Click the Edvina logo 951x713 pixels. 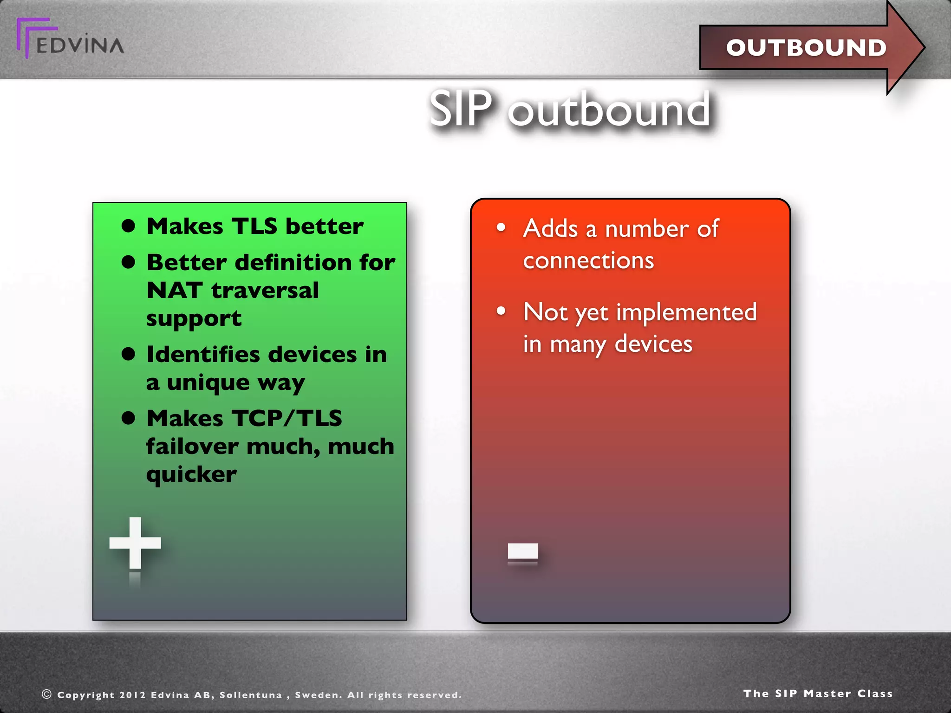pos(70,39)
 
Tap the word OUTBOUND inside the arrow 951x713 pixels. pos(806,48)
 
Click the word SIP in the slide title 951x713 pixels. pos(460,109)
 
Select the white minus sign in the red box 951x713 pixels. pos(523,551)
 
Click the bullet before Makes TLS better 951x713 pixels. pos(128,226)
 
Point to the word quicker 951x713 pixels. pos(191,474)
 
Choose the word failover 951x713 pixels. pos(192,447)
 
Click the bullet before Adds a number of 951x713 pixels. pos(501,227)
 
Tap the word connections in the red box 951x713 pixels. pos(588,260)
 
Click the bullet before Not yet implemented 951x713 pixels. pos(501,311)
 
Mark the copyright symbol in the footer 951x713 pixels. pos(46,694)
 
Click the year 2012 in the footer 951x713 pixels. pos(132,695)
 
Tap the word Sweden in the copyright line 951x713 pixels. pos(318,695)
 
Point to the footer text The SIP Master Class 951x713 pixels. pos(818,694)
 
